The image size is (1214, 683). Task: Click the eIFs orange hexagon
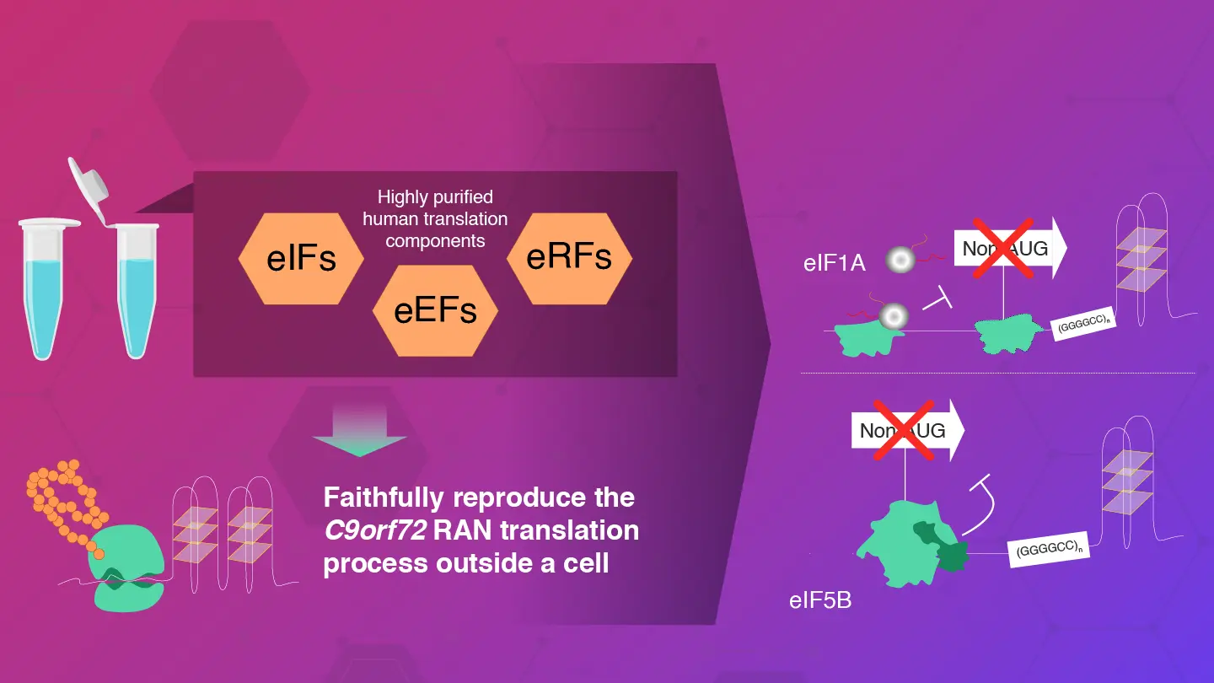pos(301,257)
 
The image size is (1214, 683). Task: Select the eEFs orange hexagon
pos(435,309)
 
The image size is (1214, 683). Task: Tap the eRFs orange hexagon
pos(569,256)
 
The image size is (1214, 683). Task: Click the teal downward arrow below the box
pos(359,433)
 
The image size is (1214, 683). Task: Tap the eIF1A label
pos(835,262)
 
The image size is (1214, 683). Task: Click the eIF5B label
pos(820,601)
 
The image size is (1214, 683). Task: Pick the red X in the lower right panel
pos(903,430)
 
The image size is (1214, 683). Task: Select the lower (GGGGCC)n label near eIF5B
pos(1050,549)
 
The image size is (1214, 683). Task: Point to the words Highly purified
pos(435,197)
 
